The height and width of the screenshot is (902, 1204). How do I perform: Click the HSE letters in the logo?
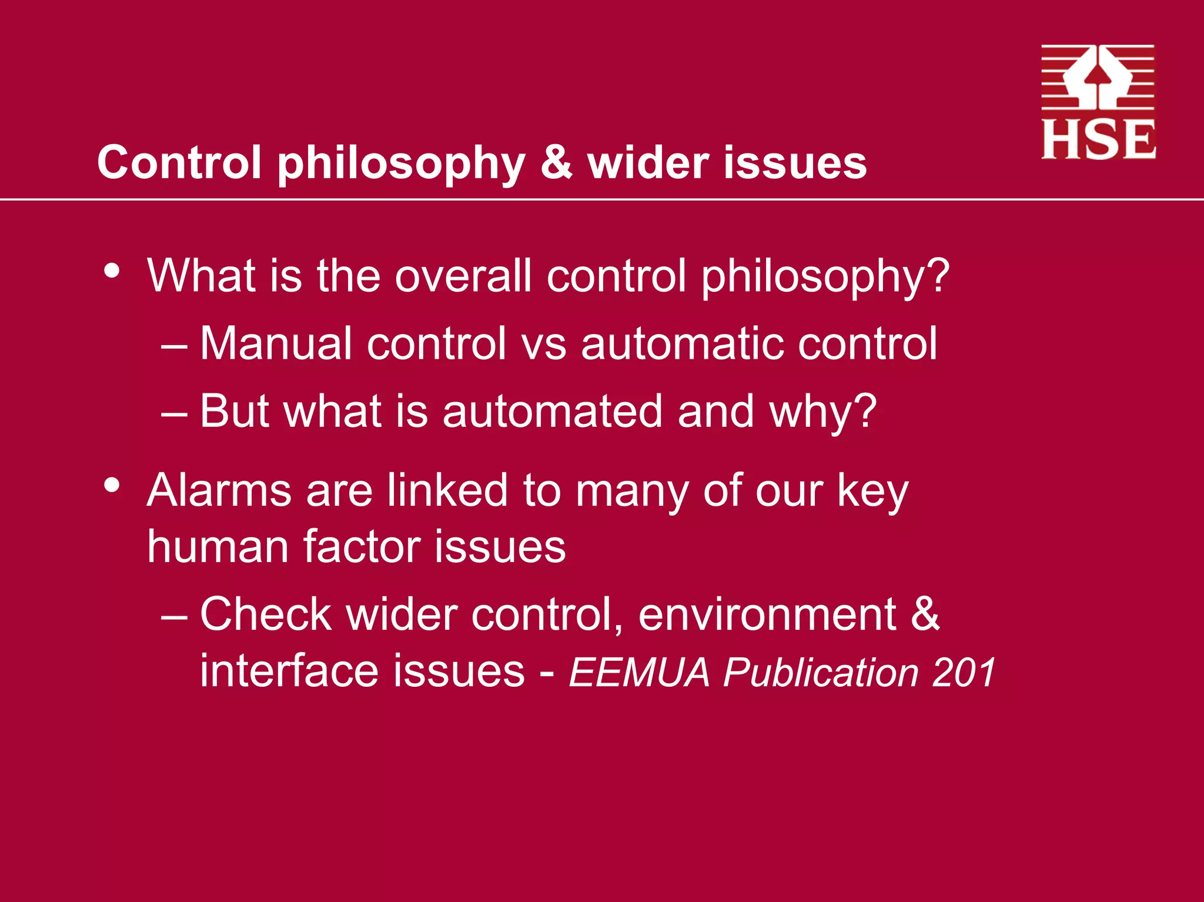point(1098,140)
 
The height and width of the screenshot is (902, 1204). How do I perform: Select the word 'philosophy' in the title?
point(401,163)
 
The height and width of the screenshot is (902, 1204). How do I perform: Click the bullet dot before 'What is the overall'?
point(112,271)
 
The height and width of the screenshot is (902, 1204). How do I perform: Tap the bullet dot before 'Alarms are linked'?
point(112,486)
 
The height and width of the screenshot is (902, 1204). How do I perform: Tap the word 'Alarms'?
point(219,490)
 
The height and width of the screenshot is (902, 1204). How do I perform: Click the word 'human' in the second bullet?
point(218,546)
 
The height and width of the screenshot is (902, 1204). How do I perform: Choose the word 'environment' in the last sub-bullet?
point(767,614)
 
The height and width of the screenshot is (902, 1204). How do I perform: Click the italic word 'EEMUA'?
point(639,672)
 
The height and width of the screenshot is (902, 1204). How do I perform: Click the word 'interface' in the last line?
point(289,670)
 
